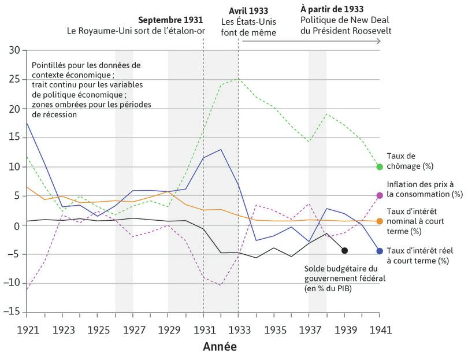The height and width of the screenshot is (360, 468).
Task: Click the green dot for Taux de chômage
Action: [380, 166]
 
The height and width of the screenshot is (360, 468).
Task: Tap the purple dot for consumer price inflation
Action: [380, 196]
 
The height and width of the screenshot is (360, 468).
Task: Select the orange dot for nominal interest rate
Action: [380, 221]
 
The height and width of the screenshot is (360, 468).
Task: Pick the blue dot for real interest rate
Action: [380, 251]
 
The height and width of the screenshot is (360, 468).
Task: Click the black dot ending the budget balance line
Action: [344, 250]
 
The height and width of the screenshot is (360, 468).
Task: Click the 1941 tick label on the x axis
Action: [380, 330]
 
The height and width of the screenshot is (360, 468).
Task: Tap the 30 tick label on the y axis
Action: [14, 50]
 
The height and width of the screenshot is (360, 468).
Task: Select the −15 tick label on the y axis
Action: [12, 313]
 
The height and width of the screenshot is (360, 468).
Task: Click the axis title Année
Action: [220, 347]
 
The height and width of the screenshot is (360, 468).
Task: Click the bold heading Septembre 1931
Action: [171, 19]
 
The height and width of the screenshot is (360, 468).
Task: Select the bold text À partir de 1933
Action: [332, 10]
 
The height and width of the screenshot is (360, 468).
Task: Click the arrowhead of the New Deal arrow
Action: [378, 41]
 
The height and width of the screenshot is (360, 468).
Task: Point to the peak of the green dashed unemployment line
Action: [237, 79]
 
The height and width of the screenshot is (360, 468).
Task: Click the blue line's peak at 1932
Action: [220, 150]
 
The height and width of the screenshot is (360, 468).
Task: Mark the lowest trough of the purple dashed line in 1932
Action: [220, 285]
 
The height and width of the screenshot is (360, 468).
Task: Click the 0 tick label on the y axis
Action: [17, 225]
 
